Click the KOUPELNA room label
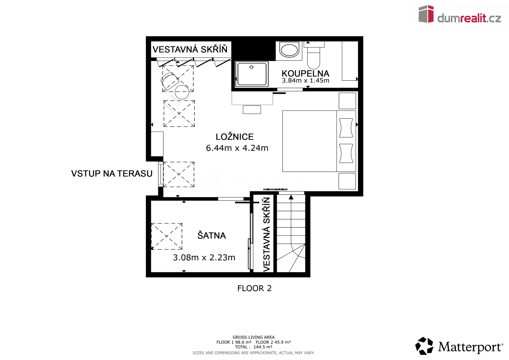click(305, 74)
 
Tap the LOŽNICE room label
click(235, 137)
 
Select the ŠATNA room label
click(212, 235)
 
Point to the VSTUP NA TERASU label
click(112, 174)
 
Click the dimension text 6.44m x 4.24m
click(237, 148)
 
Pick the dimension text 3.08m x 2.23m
click(204, 257)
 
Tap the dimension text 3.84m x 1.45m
click(305, 80)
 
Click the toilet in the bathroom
click(314, 56)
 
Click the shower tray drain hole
click(251, 67)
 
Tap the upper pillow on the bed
click(346, 128)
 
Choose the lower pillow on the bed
click(346, 153)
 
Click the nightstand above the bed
click(347, 101)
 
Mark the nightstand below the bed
click(347, 181)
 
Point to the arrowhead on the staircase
click(291, 197)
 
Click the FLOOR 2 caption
click(255, 288)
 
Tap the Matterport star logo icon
click(424, 346)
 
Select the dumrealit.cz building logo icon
click(426, 14)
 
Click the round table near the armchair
click(182, 92)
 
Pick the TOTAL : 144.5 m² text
click(254, 347)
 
